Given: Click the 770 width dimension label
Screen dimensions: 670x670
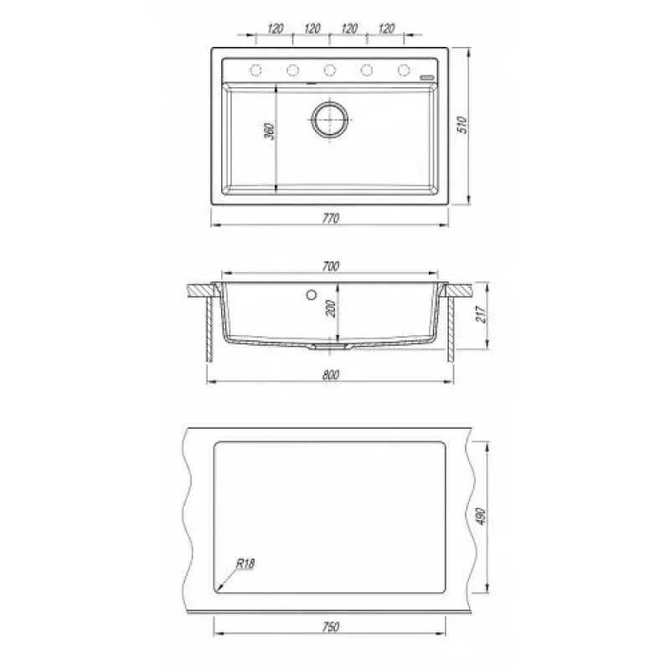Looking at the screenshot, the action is [330, 219].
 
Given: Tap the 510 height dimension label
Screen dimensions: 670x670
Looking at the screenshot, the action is [463, 125].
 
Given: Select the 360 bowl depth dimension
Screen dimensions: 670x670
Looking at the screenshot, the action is [269, 131].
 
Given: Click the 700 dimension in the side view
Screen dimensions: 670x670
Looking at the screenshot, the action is [330, 266].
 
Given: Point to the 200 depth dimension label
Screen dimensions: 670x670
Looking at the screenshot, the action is [331, 308].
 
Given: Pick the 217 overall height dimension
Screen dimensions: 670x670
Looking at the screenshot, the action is [481, 315].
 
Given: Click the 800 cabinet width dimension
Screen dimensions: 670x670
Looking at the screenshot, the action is [330, 374].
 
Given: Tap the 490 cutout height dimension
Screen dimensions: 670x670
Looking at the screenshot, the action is [481, 517].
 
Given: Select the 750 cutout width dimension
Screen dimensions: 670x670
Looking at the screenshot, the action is [330, 626].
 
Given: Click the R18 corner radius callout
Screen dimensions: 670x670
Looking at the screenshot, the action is [245, 564].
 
